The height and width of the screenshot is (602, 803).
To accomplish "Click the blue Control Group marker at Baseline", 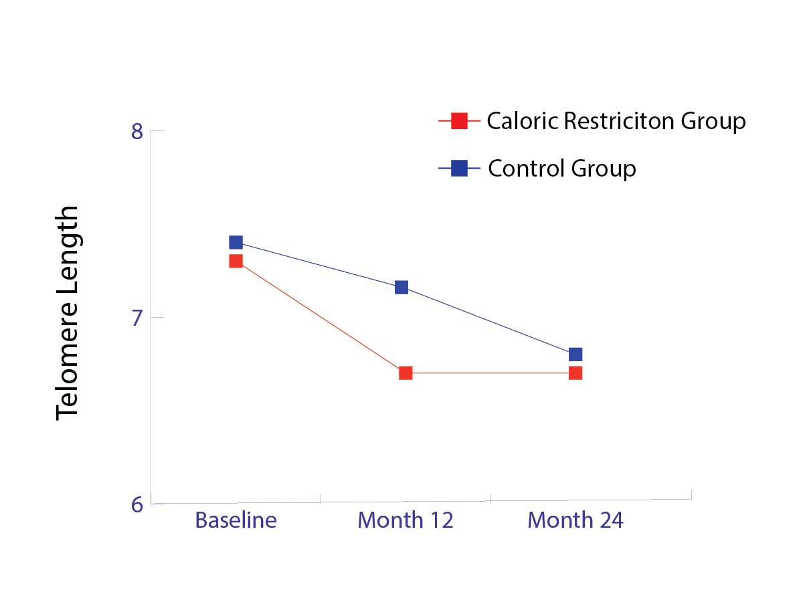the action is [236, 242].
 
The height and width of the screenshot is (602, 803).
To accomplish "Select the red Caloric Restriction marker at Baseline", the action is [236, 262].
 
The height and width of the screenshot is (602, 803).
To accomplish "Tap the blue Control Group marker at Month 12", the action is [401, 288].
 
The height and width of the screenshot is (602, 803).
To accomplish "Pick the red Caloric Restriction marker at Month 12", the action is [406, 373].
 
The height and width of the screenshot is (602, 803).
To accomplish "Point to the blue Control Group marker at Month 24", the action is [575, 355].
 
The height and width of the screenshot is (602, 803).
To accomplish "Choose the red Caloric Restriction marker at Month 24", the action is [575, 373].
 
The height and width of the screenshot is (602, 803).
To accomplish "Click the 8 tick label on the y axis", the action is [137, 132].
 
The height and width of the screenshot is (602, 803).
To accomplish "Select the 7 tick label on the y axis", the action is [137, 318].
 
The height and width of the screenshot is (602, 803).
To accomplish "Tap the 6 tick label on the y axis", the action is [137, 505].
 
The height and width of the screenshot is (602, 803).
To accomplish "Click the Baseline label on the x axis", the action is [236, 520].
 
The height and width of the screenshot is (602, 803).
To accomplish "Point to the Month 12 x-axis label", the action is [406, 520].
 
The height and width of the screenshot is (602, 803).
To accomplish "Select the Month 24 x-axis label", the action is [575, 520].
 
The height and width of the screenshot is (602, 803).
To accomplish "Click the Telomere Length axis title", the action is [67, 313].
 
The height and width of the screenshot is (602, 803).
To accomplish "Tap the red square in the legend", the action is [459, 120].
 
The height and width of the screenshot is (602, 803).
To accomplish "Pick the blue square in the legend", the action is [459, 168].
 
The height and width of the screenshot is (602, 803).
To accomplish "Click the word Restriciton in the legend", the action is [619, 120].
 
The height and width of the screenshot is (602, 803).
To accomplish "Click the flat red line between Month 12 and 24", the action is [490, 373].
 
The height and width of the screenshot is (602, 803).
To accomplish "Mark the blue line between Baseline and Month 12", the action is [319, 265].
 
